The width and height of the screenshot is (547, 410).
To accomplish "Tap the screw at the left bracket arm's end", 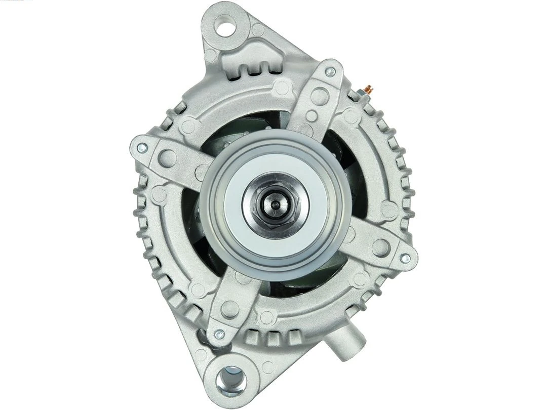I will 142,148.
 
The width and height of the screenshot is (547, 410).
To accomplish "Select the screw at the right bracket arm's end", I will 404,258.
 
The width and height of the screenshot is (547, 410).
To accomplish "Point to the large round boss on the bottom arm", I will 231,307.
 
